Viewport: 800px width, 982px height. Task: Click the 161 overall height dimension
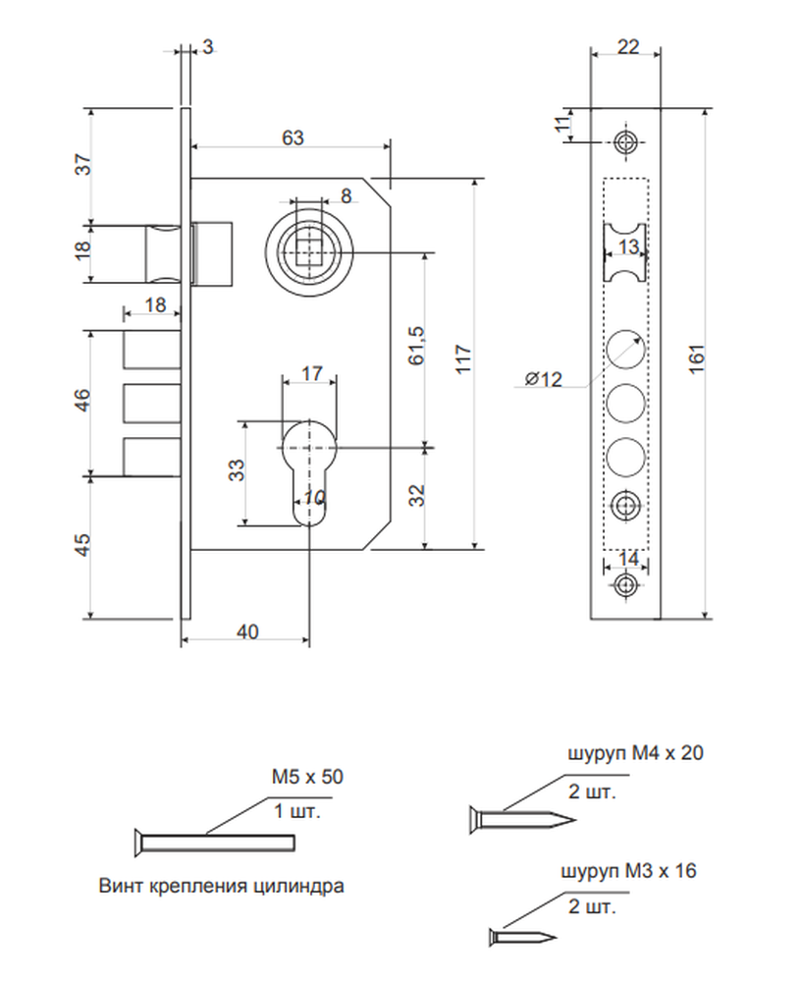click(696, 358)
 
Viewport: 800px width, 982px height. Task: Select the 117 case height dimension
click(463, 358)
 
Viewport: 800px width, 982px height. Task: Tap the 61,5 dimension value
click(416, 345)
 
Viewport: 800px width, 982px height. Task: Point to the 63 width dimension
click(293, 137)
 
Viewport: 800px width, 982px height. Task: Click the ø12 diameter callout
click(544, 379)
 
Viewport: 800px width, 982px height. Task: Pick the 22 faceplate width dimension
click(628, 46)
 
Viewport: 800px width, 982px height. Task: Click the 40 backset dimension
click(247, 631)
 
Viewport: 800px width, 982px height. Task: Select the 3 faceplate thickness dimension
click(208, 46)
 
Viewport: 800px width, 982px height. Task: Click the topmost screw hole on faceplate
click(624, 142)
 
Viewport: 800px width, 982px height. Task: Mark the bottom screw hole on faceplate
click(624, 585)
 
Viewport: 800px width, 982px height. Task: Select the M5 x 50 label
click(307, 777)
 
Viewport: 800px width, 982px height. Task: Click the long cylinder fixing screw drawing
click(214, 843)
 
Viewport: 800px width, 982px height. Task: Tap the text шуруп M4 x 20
click(635, 753)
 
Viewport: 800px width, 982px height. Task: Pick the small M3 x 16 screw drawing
click(522, 937)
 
